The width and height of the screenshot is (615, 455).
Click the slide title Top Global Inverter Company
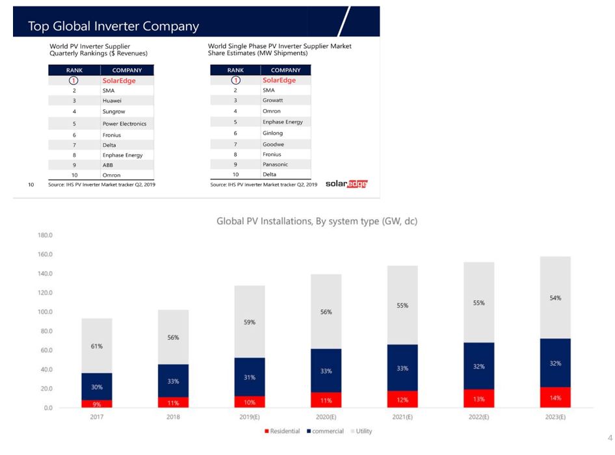(113, 27)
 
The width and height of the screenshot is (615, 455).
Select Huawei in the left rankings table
(112, 101)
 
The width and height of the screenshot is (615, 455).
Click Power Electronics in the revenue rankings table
(124, 123)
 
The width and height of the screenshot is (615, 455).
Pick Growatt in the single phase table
(273, 101)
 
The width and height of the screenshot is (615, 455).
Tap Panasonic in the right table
(276, 164)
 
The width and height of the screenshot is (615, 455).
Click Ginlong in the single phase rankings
(272, 133)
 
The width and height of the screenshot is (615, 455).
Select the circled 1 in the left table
(74, 80)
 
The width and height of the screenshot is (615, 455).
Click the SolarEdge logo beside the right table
(346, 184)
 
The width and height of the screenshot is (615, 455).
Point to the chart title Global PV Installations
(317, 222)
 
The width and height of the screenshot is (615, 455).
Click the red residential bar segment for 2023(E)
(555, 397)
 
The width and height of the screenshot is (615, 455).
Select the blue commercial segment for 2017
(97, 386)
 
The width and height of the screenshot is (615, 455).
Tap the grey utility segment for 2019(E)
(250, 322)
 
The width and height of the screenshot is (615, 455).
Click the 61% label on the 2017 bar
(97, 346)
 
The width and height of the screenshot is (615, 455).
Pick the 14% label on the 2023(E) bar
(555, 396)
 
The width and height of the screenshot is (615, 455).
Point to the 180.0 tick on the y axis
(45, 235)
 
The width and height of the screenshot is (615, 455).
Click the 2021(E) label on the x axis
(402, 417)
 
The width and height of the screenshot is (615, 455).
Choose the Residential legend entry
(281, 432)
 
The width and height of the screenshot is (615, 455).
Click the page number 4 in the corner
(609, 437)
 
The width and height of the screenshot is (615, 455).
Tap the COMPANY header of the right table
(285, 70)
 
